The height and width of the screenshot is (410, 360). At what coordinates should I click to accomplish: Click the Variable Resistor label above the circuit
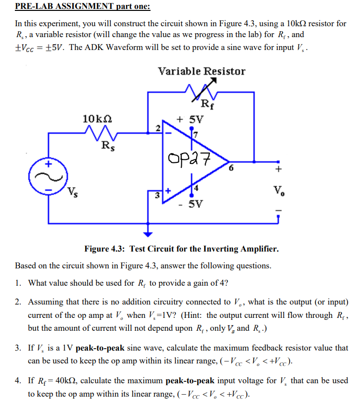(x=202, y=71)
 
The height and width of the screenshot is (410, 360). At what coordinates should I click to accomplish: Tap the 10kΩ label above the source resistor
(x=97, y=118)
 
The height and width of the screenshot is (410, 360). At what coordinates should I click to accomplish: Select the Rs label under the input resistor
(x=106, y=147)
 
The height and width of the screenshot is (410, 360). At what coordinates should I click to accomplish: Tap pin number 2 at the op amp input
(x=157, y=128)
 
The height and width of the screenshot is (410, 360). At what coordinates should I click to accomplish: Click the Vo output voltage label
(x=279, y=190)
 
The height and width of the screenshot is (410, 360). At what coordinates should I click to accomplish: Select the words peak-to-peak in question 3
(x=102, y=348)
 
